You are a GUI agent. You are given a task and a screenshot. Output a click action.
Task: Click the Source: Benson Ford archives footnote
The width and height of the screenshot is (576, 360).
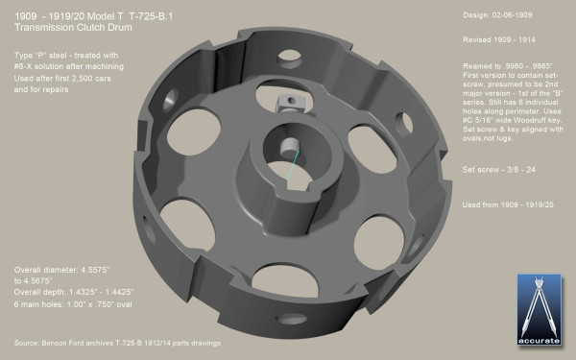click(x=115, y=343)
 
